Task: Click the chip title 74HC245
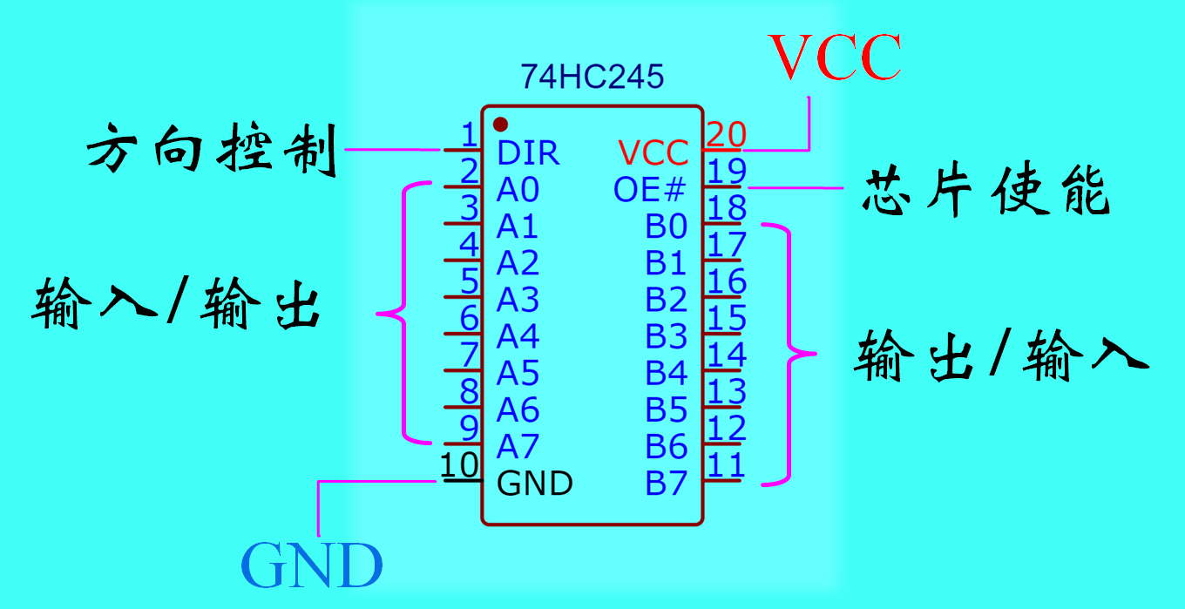pos(592,77)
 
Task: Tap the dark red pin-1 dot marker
pos(500,125)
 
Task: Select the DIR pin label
pos(528,153)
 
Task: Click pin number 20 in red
pos(726,134)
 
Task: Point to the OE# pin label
pos(649,190)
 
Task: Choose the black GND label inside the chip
pos(535,483)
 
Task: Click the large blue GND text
pos(312,565)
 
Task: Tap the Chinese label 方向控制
pos(212,150)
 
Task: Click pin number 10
pos(459,465)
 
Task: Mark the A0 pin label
pos(518,190)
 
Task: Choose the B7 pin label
pos(667,483)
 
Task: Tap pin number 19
pos(726,172)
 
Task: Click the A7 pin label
pos(518,446)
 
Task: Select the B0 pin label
pos(667,227)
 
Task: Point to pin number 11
pos(726,465)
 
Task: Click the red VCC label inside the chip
pos(653,153)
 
